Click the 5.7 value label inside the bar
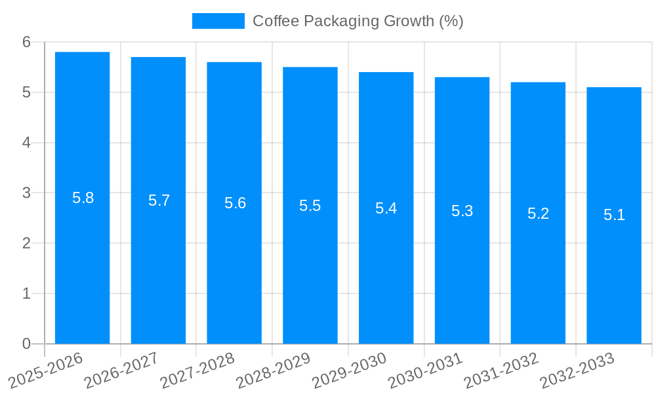159,200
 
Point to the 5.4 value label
386,208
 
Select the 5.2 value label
538,214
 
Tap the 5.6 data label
235,203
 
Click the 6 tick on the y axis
26,42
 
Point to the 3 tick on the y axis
26,193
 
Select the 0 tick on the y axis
26,344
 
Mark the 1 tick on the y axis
26,293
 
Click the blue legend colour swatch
218,21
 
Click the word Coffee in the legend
273,21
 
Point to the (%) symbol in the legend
451,21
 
